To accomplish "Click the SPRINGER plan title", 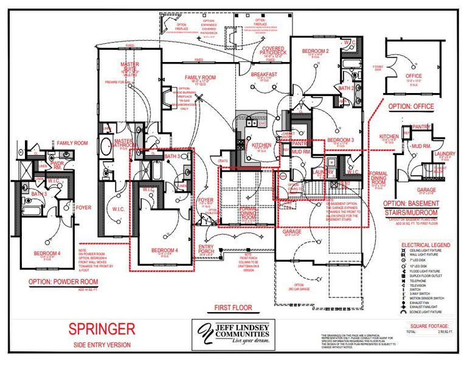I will (101, 329).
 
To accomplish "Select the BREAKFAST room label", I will (264, 74).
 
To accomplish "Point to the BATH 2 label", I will (346, 88).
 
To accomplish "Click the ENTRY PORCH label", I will (207, 248).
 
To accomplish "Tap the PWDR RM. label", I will (58, 165).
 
